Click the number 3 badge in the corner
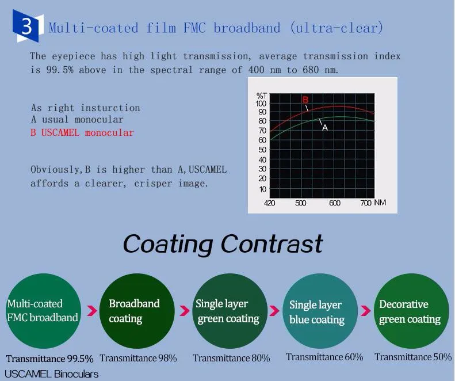coord(27,26)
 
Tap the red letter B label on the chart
coord(305,100)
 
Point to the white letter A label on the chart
coord(325,128)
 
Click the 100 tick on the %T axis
coord(261,104)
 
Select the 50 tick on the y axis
coord(262,150)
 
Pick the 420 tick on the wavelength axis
coord(270,203)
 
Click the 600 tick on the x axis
coord(335,203)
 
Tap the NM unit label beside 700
coord(380,203)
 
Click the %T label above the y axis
coord(262,96)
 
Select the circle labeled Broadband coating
coord(137,311)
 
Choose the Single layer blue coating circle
coord(320,311)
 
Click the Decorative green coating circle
coord(411,311)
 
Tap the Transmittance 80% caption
coord(231,358)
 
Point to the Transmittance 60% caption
coord(324,357)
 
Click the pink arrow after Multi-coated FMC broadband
coord(92,311)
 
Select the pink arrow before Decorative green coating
coord(366,311)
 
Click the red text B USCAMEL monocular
coord(82,133)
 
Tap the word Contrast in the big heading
coord(272,244)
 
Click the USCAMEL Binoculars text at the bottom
coord(51,374)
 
